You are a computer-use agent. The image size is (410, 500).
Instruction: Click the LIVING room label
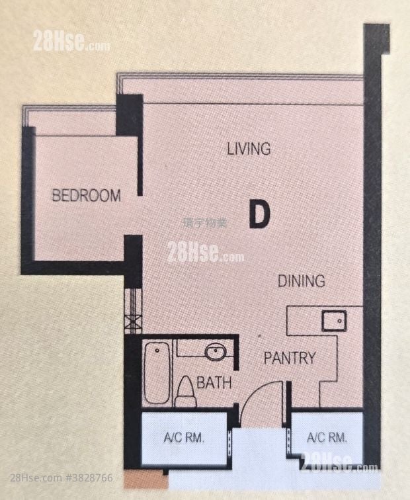[x=249, y=149]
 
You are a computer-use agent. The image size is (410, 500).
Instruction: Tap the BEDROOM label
[x=87, y=196]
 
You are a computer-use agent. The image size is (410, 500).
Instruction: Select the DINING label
[x=301, y=280]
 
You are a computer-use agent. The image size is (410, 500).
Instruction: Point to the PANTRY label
[x=290, y=358]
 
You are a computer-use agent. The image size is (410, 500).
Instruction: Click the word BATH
[x=214, y=382]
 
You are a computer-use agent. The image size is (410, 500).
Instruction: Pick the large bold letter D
[x=260, y=214]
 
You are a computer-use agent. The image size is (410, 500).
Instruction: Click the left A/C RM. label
[x=184, y=437]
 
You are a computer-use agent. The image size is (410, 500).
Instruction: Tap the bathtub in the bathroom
[x=157, y=372]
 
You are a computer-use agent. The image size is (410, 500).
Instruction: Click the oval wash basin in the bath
[x=215, y=352]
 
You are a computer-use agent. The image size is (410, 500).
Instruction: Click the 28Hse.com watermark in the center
[x=205, y=253]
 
